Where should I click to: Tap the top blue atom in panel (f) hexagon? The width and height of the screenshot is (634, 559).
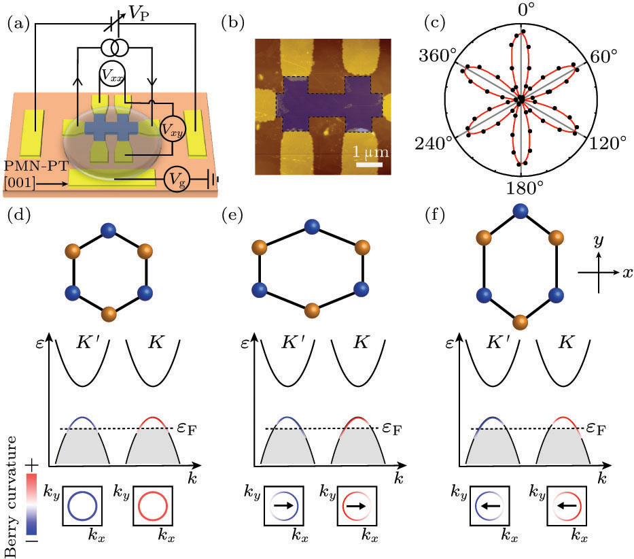(x=521, y=209)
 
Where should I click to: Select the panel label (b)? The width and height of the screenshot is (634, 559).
(x=232, y=24)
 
